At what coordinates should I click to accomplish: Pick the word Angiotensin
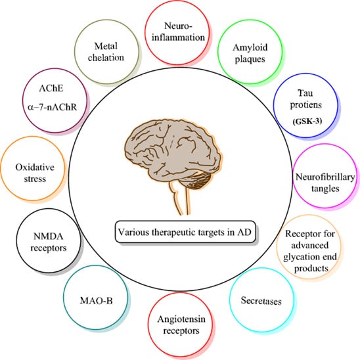[179, 320]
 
